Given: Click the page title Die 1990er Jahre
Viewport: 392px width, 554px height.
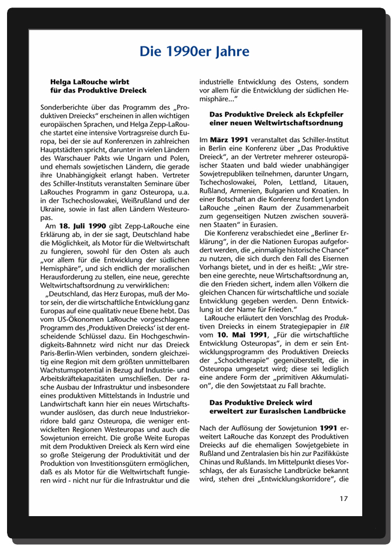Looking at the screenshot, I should [194, 52].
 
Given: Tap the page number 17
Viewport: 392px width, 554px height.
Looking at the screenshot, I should [344, 498].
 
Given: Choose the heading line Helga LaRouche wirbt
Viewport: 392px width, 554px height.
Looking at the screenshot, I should [89, 82].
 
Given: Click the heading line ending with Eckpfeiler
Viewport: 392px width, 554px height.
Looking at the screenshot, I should [276, 115].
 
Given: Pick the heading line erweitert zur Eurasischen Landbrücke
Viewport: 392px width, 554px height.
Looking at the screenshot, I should [277, 411].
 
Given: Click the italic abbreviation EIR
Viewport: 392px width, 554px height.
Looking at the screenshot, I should [344, 327].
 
